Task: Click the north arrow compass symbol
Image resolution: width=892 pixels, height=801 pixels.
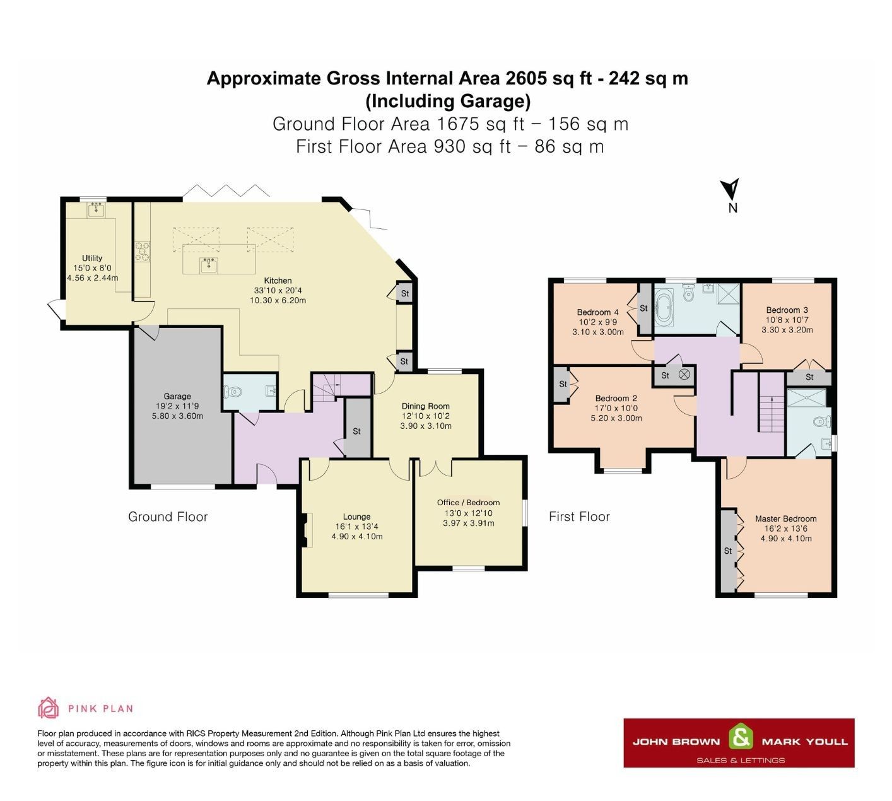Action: [x=731, y=190]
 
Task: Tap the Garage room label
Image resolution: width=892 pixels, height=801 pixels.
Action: [x=177, y=396]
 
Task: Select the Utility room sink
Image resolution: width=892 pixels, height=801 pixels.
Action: [x=96, y=209]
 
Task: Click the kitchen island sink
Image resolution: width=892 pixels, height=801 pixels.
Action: [x=209, y=265]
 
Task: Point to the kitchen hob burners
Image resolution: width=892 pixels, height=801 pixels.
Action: [x=142, y=250]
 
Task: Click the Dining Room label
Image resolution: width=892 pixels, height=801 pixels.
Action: [x=425, y=406]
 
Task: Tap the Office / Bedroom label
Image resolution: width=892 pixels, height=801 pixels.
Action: [x=468, y=503]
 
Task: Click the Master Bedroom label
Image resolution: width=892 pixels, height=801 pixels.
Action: [x=785, y=518]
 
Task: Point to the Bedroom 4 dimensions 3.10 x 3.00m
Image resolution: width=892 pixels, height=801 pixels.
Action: [x=597, y=332]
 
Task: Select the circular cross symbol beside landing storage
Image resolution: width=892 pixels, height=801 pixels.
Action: [x=685, y=375]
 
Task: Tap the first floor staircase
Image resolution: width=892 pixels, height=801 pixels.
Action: [x=770, y=412]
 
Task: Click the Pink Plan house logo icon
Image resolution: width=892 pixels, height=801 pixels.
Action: [x=48, y=708]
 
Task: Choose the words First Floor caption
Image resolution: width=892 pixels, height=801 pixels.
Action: [x=579, y=517]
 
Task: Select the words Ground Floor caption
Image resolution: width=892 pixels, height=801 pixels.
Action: [x=168, y=517]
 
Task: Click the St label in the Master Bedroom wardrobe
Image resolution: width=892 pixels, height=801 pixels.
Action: [x=727, y=551]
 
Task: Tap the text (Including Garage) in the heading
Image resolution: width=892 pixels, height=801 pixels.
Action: [x=447, y=101]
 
